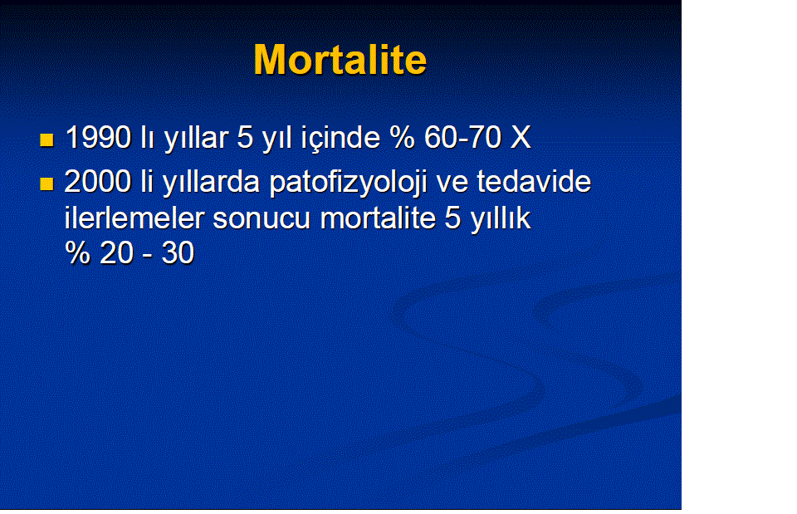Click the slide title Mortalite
(x=340, y=60)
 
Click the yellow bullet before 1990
(x=46, y=140)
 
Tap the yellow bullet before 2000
(x=46, y=184)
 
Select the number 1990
(x=99, y=137)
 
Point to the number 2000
(x=98, y=182)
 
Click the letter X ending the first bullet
(x=520, y=137)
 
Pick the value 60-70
(x=463, y=137)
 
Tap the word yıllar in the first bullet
(x=196, y=139)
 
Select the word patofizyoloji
(x=348, y=183)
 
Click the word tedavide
(x=534, y=182)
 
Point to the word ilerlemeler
(x=134, y=218)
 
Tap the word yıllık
(x=501, y=219)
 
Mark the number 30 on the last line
(x=178, y=252)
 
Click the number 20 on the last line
(x=116, y=252)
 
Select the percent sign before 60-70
(x=403, y=137)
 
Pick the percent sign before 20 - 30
(x=78, y=252)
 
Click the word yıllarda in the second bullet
(x=212, y=183)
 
